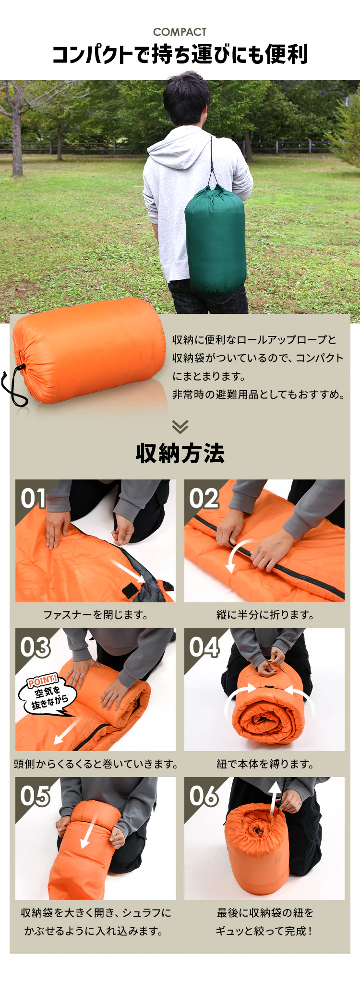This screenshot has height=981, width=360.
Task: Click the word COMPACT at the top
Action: tap(180, 32)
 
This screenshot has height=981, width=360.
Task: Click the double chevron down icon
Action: tap(180, 427)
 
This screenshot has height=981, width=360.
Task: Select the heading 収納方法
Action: tap(180, 453)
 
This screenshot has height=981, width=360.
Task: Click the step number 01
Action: tap(33, 498)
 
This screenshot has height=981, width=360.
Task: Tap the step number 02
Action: tap(204, 498)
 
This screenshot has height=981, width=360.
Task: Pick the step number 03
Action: tap(35, 647)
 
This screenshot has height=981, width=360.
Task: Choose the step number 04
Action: tap(204, 647)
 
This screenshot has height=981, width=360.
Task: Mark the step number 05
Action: tap(35, 796)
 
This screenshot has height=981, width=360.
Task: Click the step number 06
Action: tap(204, 796)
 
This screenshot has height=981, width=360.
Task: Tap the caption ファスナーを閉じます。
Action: tap(96, 615)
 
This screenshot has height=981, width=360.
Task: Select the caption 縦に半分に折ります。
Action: tap(264, 615)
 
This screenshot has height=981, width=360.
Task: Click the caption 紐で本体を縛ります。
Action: tap(264, 764)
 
